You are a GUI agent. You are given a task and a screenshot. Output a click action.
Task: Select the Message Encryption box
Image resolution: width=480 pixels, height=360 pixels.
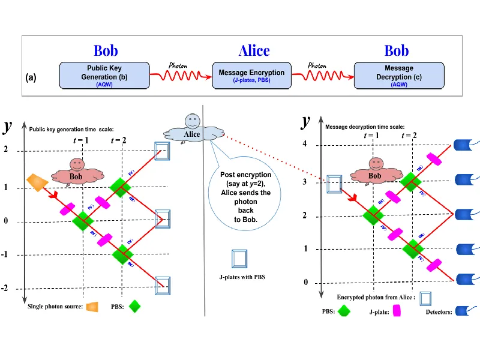click(251, 76)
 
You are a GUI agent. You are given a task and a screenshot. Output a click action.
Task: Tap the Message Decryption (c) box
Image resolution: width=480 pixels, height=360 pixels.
click(398, 76)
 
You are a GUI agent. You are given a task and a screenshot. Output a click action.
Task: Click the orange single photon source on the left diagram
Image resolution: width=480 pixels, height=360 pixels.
click(37, 182)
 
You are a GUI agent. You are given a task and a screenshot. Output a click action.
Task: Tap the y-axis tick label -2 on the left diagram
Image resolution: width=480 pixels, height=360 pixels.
click(6, 289)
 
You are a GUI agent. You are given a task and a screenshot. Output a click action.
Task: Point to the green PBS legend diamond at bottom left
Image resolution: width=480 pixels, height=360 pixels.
click(136, 307)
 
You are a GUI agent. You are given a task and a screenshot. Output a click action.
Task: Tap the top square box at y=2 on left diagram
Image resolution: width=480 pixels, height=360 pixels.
click(163, 151)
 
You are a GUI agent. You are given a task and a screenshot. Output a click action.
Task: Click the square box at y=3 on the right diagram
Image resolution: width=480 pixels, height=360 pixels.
click(334, 184)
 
